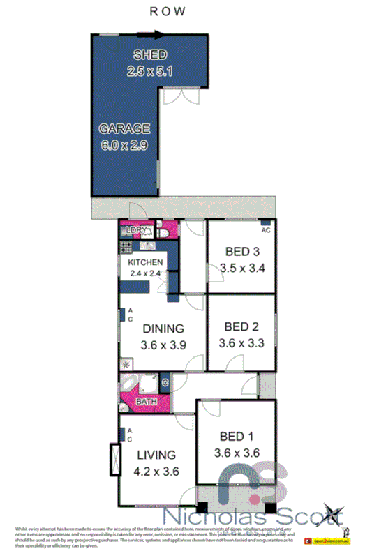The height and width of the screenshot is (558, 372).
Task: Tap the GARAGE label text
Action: (x=124, y=129)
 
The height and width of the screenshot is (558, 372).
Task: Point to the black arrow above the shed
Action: (x=149, y=32)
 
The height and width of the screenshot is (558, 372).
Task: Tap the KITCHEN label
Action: (x=145, y=262)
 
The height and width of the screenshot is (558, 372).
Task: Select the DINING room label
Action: (x=163, y=329)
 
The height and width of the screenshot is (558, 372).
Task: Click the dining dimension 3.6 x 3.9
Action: (x=163, y=345)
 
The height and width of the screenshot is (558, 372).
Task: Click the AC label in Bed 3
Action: (x=265, y=229)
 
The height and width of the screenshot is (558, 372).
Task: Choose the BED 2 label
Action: (x=241, y=326)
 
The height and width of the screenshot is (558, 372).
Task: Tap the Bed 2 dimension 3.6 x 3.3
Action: (x=241, y=342)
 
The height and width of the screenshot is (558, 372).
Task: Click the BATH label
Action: (x=145, y=402)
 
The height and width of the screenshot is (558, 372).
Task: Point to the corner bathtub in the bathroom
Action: (x=129, y=384)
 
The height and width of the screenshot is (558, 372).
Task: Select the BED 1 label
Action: (x=237, y=437)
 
